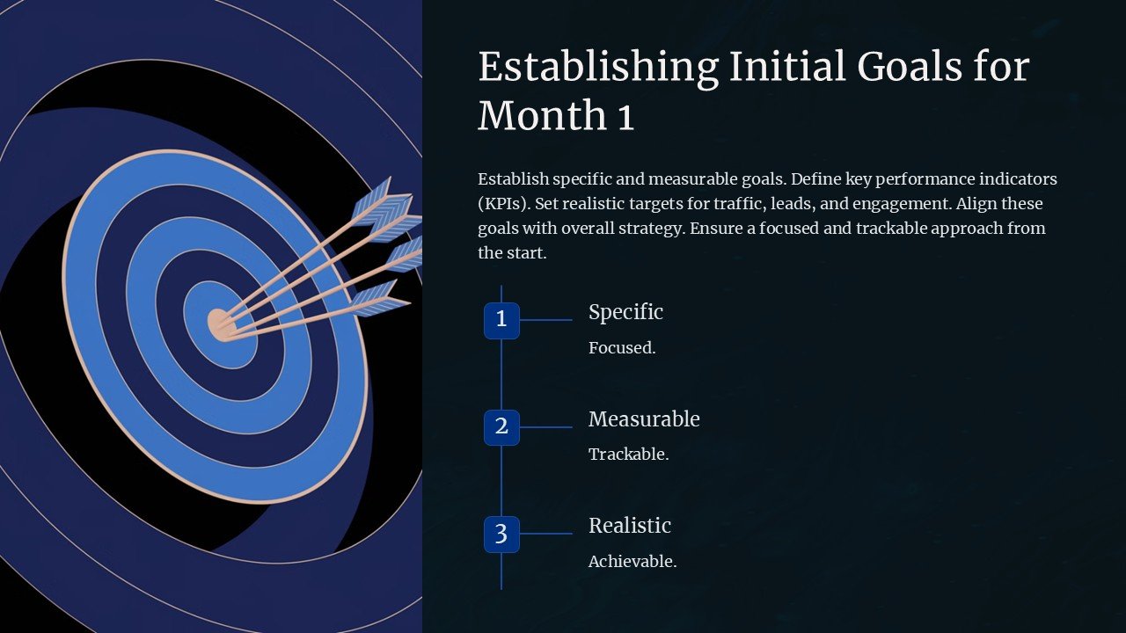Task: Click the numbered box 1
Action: [501, 320]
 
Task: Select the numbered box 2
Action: [501, 427]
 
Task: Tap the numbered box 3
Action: [501, 535]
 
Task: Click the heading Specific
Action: [625, 312]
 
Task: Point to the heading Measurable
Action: [644, 419]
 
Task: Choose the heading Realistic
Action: [630, 526]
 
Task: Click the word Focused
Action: [622, 348]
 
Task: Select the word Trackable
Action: [628, 455]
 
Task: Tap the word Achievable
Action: [632, 562]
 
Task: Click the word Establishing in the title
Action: [598, 68]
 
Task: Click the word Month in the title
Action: [540, 115]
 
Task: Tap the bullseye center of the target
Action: [218, 324]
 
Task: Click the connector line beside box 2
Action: [545, 427]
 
